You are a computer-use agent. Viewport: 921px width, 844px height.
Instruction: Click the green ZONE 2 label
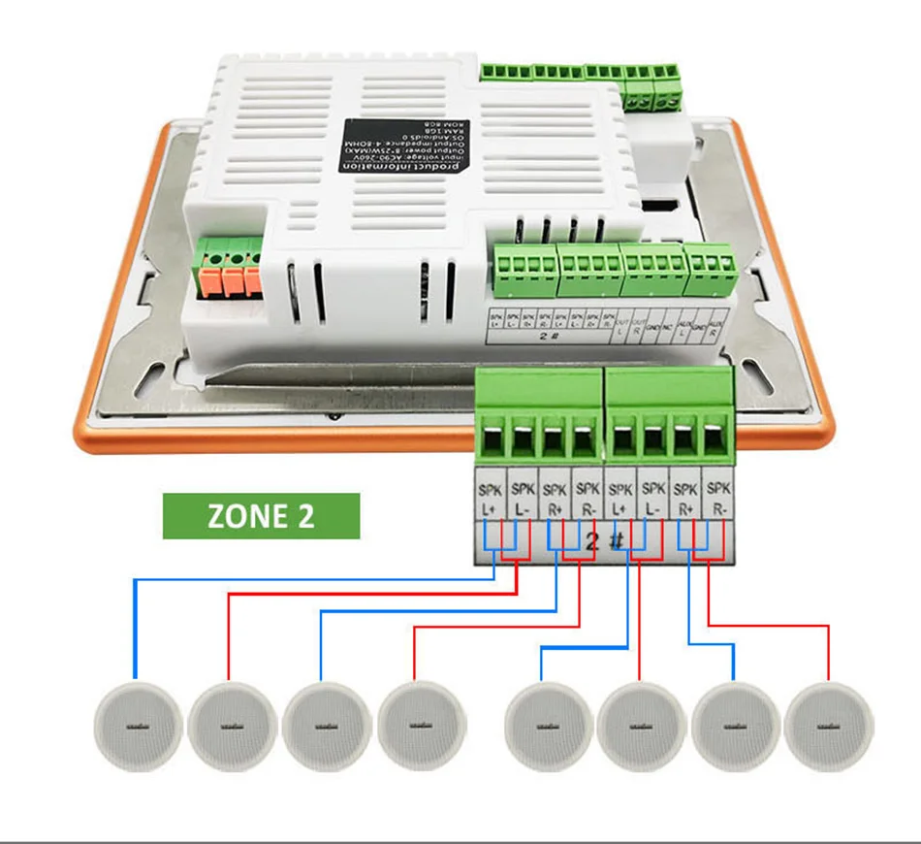(261, 516)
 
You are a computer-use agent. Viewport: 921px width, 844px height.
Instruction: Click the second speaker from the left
(229, 727)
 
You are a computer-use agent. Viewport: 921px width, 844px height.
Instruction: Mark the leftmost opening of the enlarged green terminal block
(492, 441)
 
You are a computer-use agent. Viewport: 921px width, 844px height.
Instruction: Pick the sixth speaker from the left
(641, 727)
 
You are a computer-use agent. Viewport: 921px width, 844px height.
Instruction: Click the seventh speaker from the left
(735, 727)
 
